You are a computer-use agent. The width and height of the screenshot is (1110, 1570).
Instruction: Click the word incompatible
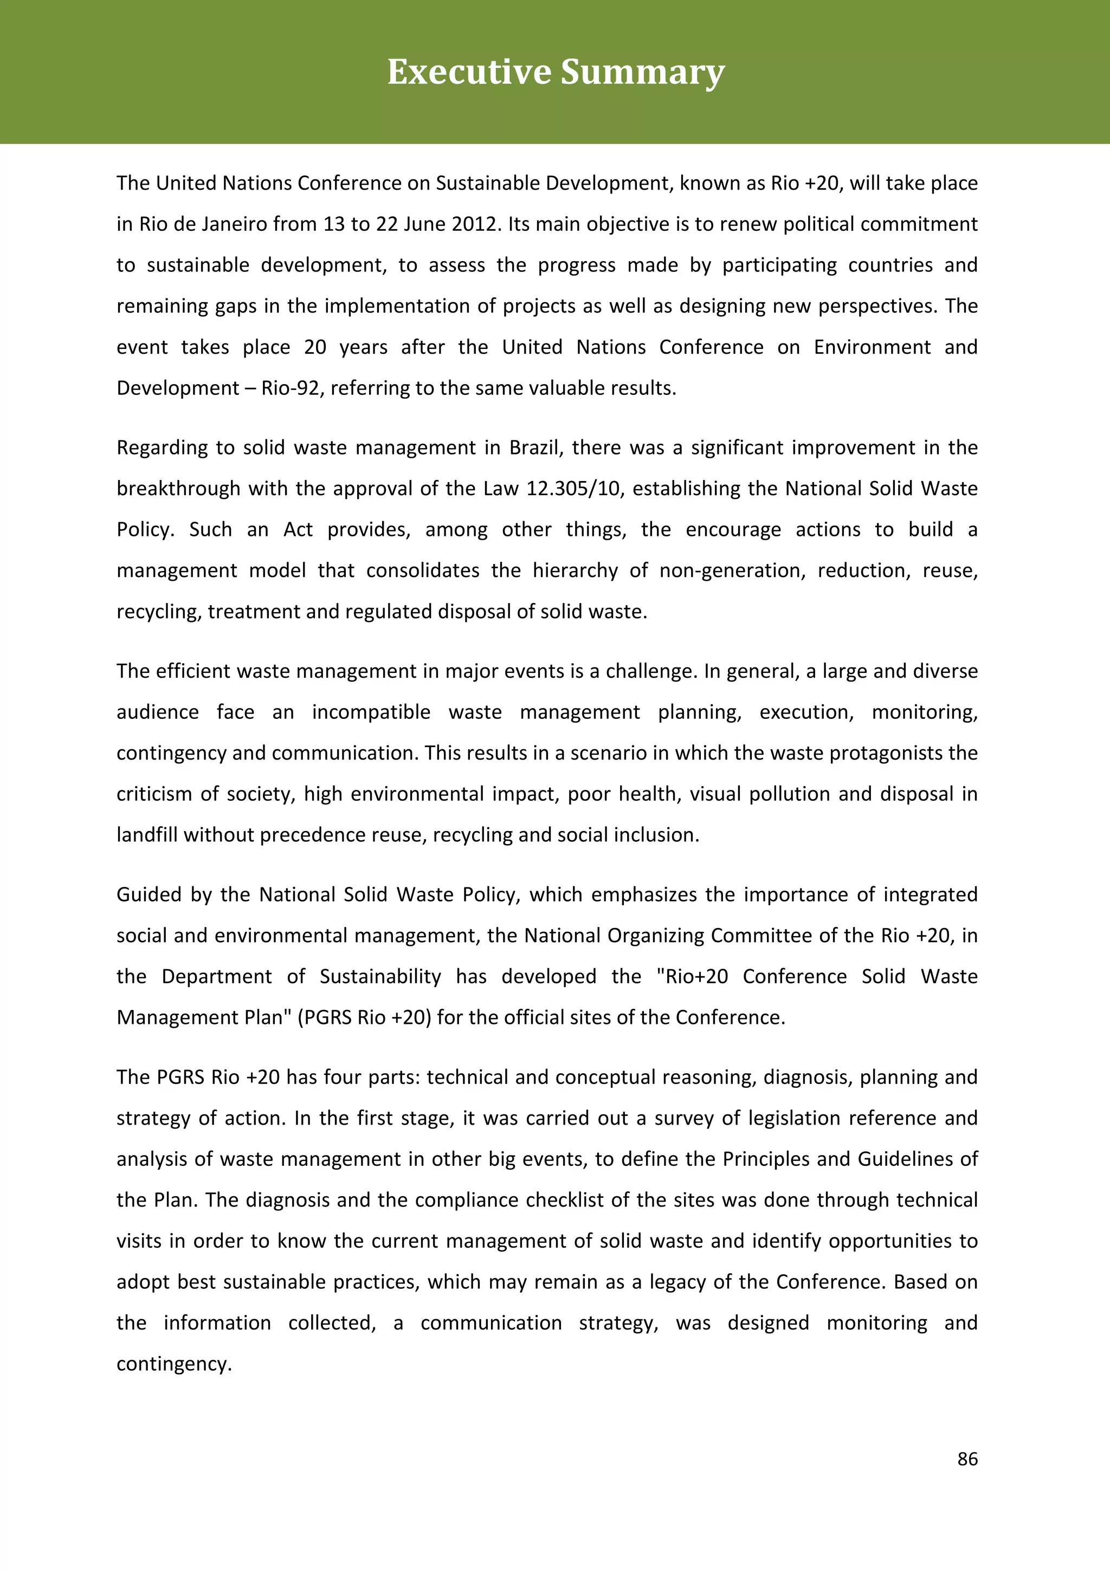[371, 712]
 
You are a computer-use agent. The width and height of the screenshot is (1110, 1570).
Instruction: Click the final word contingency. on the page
[174, 1364]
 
